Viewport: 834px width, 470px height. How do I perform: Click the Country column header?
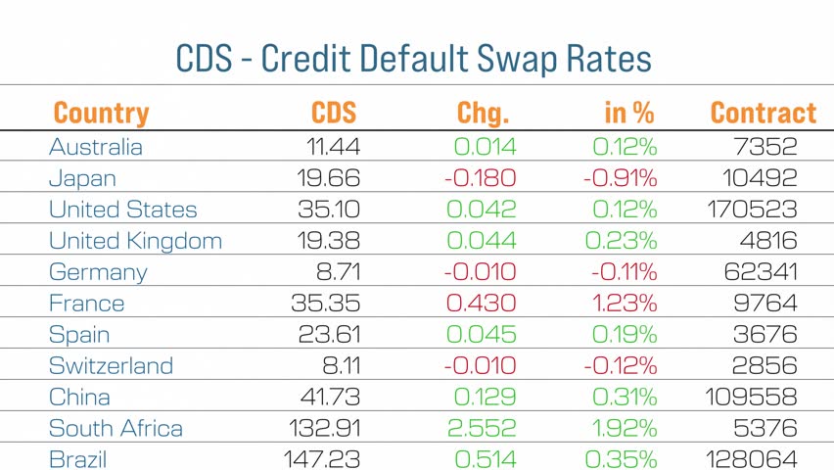pos(101,113)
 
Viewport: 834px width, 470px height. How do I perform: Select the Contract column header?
pos(763,113)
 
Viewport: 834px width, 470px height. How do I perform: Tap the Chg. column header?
pos(483,113)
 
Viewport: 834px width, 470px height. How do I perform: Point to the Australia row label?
pos(95,147)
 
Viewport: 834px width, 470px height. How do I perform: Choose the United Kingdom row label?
pos(135,241)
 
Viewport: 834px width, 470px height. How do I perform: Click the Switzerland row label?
pos(111,366)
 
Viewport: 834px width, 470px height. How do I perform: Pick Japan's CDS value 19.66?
pos(328,178)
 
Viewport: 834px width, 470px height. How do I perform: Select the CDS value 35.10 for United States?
pos(328,210)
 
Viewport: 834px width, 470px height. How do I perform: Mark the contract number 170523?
pos(751,210)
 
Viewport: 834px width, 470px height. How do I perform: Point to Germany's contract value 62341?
pos(761,272)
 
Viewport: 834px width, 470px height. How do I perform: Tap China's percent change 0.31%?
pos(625,398)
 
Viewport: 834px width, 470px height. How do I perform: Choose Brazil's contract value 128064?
pos(751,459)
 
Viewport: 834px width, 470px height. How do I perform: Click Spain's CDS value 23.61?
pos(329,335)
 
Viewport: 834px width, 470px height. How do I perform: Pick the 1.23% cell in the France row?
pos(625,304)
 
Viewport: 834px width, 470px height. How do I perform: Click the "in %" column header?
pos(628,113)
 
